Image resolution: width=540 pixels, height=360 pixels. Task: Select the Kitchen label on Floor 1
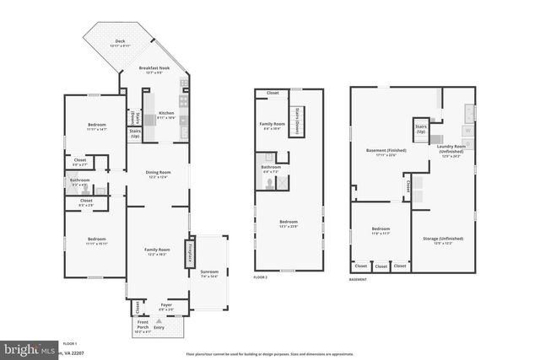pyautogui.click(x=165, y=115)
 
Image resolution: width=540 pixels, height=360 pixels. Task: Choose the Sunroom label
pyautogui.click(x=208, y=272)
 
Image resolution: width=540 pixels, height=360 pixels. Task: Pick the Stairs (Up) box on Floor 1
pyautogui.click(x=135, y=132)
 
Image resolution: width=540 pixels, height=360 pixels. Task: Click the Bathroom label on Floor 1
pyautogui.click(x=79, y=180)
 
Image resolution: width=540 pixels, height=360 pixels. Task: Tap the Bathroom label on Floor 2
pyautogui.click(x=271, y=168)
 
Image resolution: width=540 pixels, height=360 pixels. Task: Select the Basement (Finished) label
pyautogui.click(x=386, y=151)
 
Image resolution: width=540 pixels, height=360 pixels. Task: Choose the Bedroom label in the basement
pyautogui.click(x=381, y=229)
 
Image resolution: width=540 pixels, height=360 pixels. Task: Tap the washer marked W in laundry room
pyautogui.click(x=467, y=131)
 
